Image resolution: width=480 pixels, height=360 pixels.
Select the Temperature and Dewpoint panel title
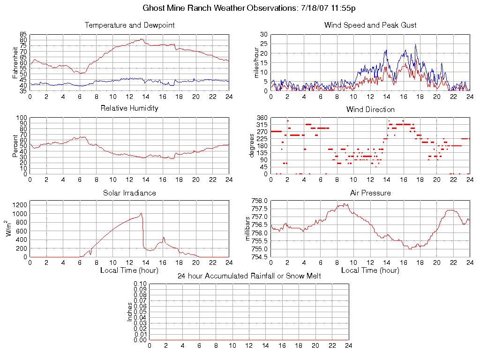pos(129,25)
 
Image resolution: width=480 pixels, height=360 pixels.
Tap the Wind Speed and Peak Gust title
pos(370,25)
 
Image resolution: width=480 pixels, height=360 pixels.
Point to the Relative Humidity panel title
pos(129,108)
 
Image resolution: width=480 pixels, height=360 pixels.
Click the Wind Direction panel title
pos(370,110)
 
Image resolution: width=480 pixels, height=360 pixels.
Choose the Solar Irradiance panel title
pos(129,193)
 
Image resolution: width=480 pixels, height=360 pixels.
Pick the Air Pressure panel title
pos(370,193)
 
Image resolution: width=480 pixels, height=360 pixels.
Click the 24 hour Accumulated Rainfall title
pos(249,276)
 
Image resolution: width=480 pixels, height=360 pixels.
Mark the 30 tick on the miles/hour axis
pos(263,34)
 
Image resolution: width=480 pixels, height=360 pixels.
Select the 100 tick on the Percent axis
pos(22,118)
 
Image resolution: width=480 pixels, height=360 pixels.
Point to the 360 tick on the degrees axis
pos(262,118)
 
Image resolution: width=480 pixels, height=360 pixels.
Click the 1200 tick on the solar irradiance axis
pos(19,204)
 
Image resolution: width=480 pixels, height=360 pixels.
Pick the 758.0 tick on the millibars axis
pos(260,201)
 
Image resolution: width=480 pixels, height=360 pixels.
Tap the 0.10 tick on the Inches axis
pos(140,284)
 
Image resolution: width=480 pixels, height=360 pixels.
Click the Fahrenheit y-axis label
pos(15,62)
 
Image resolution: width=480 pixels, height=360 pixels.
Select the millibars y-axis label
pos(249,228)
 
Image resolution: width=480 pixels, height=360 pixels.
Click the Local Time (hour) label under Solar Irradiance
pos(129,270)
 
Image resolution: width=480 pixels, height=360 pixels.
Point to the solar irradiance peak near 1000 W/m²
pos(141,214)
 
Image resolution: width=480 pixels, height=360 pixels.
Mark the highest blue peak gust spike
pos(415,45)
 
